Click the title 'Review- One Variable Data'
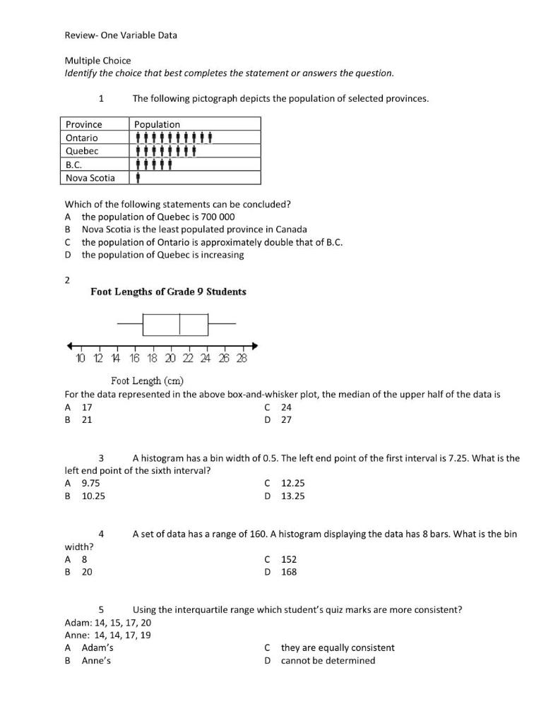[x=121, y=35]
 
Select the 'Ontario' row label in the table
[x=82, y=138]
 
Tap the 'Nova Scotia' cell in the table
[x=90, y=178]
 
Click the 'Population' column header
[x=157, y=124]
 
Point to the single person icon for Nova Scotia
[x=138, y=178]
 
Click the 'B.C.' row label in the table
[x=74, y=165]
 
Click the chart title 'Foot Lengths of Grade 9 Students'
[x=168, y=292]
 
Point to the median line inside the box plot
[x=180, y=323]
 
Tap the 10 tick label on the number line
[x=80, y=358]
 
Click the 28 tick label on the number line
[x=242, y=358]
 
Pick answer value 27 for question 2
[x=287, y=419]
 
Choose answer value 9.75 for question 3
[x=91, y=483]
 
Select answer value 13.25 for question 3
[x=293, y=496]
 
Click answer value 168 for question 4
[x=289, y=572]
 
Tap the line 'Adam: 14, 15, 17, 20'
[x=107, y=623]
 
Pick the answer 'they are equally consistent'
[x=338, y=647]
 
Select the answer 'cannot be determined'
[x=328, y=661]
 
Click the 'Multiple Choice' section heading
[x=97, y=61]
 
